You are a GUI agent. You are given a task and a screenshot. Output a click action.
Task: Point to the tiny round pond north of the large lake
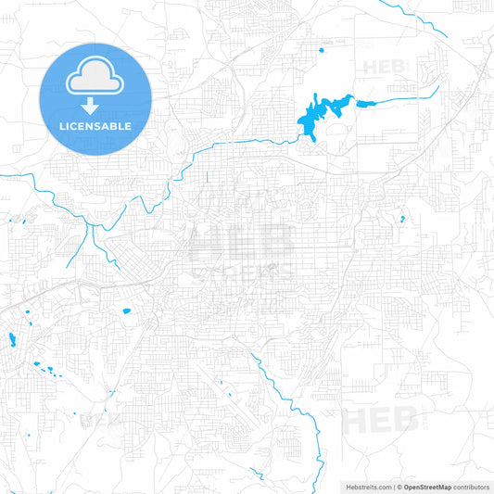coord(321,50)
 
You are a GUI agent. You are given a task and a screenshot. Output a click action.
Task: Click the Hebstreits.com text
coord(366,486)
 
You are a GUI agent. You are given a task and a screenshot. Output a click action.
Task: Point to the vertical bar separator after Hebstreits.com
coord(395,486)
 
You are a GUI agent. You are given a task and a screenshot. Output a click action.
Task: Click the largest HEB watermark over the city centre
coord(240,245)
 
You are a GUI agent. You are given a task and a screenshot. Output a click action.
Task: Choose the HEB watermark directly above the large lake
coord(384,67)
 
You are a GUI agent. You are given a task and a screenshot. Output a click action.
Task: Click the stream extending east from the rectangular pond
coord(408,95)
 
